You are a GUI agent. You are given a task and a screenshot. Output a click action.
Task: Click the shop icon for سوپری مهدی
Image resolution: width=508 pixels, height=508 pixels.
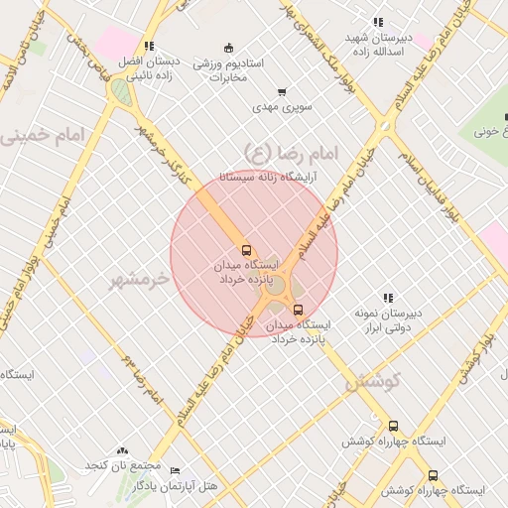click(x=283, y=91)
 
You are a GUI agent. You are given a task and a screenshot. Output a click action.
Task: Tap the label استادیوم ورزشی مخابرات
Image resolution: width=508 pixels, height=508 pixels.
click(x=227, y=69)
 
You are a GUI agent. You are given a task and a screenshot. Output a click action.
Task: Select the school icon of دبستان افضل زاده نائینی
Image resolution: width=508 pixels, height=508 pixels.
click(x=149, y=46)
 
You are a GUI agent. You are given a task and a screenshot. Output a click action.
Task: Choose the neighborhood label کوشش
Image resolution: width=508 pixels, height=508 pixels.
click(x=373, y=381)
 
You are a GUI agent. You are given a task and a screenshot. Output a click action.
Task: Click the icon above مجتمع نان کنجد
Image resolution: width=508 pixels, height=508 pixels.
click(x=122, y=451)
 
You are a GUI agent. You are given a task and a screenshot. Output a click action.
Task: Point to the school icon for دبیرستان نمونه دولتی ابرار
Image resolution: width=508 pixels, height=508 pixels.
click(x=388, y=298)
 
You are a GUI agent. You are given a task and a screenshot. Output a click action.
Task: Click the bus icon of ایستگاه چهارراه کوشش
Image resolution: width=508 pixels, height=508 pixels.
click(x=393, y=426)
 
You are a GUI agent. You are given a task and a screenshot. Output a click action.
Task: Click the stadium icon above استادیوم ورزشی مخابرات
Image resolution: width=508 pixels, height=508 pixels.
click(x=229, y=48)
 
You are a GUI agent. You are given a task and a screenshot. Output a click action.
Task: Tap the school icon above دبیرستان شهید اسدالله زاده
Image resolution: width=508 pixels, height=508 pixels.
click(x=377, y=22)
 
